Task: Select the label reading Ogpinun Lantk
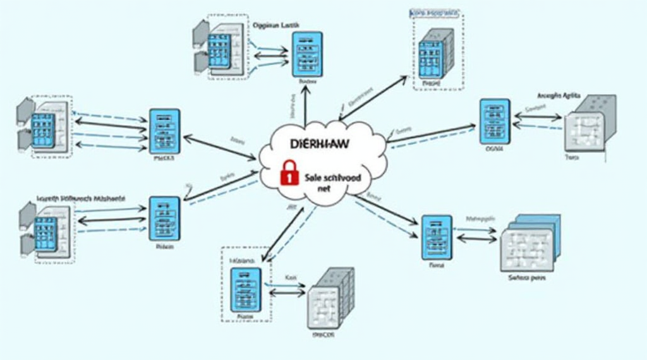pos(276,25)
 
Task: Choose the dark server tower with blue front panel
pos(435,53)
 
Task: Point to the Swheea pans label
pos(526,277)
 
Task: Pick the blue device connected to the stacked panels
pos(437,237)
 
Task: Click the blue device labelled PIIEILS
pos(164,131)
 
